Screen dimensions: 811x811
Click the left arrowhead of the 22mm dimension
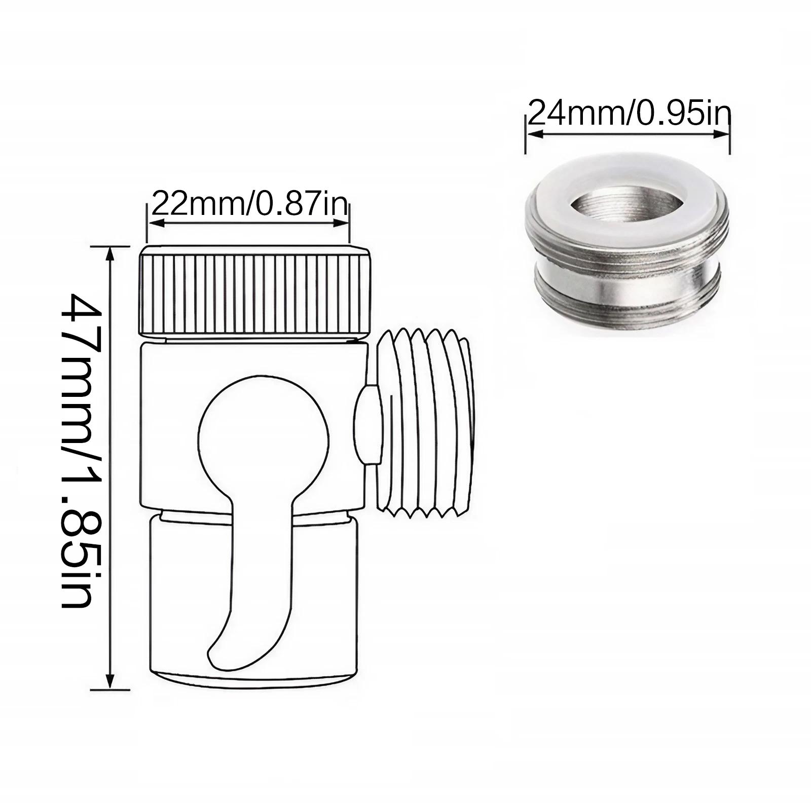click(x=153, y=223)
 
